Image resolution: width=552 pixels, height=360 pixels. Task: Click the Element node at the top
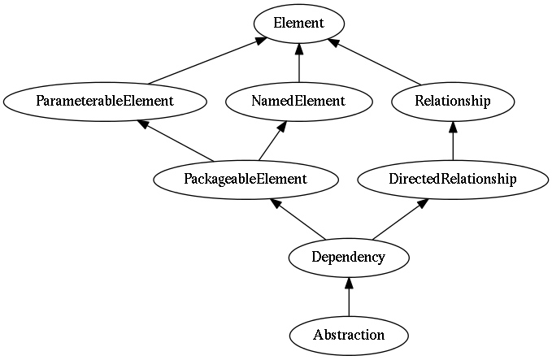click(299, 24)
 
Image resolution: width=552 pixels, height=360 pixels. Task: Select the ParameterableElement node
click(105, 102)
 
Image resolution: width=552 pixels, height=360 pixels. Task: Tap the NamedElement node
click(298, 102)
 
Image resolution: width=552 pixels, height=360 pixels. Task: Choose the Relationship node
click(453, 102)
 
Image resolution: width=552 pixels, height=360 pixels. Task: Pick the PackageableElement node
click(246, 180)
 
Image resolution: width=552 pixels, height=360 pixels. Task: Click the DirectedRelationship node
click(453, 180)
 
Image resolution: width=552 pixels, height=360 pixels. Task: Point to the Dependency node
click(349, 258)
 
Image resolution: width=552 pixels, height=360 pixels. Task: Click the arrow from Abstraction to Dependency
click(349, 297)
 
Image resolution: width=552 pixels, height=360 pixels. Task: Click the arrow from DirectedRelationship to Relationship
click(453, 141)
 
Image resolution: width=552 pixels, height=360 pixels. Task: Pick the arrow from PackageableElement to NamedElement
click(272, 141)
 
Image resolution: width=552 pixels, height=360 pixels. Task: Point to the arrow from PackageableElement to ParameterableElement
click(176, 141)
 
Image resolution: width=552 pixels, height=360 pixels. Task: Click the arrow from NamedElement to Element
click(299, 63)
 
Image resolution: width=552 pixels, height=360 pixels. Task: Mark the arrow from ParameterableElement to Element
click(207, 61)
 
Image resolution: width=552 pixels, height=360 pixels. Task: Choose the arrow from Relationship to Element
click(374, 62)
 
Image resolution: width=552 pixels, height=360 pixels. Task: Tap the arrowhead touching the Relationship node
click(453, 127)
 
